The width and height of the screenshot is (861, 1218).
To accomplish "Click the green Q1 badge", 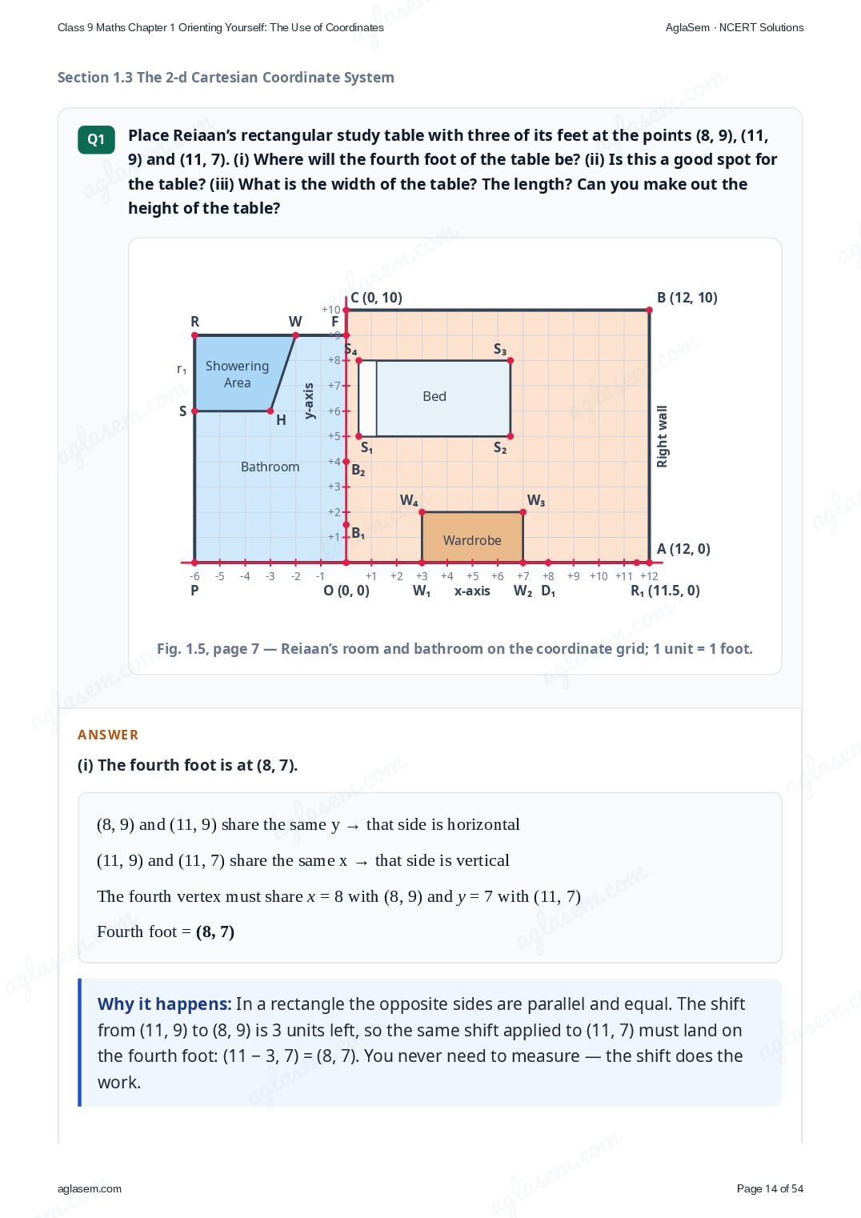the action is tap(96, 140).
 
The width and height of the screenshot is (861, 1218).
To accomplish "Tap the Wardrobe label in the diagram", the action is tap(472, 540).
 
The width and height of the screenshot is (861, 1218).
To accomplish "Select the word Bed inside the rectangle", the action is tap(435, 396).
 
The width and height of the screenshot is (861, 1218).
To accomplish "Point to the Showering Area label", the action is tap(237, 374).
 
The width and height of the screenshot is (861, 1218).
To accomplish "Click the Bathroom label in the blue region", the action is tap(270, 467).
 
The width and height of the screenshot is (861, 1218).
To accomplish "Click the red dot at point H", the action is tap(270, 411).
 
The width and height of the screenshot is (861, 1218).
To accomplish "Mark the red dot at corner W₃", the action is tap(523, 512).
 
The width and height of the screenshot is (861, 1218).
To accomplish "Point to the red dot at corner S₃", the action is tap(511, 360).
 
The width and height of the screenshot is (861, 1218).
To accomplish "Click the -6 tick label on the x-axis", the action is tap(194, 576).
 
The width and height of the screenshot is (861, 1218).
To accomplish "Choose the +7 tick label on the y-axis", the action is tap(334, 386).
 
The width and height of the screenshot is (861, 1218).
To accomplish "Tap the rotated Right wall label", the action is tap(662, 437).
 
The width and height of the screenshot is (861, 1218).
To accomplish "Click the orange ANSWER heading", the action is tap(107, 735).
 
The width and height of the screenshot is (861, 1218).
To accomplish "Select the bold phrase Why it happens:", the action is tap(164, 1004).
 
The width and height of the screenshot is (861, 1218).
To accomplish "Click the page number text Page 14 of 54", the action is tap(770, 1188).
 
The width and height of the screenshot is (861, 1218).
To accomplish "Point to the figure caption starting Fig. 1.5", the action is tap(455, 649).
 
